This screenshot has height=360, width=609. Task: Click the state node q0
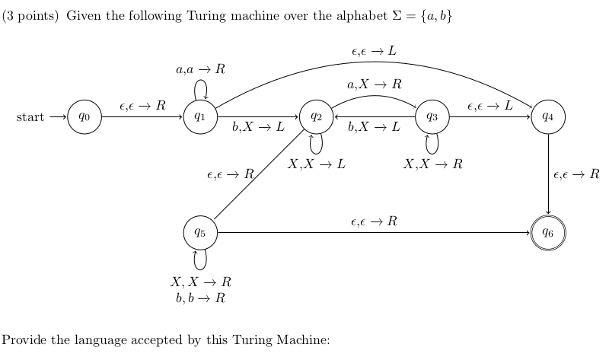coord(84,117)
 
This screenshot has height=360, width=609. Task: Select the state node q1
coord(199,117)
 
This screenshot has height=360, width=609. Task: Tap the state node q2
coord(317,117)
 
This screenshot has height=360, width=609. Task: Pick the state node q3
coord(432,117)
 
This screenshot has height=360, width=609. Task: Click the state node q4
coord(548,117)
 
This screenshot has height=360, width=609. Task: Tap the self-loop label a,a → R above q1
coord(200,69)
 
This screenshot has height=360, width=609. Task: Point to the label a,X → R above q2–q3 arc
coord(374,84)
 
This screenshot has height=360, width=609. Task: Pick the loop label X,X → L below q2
coord(317,164)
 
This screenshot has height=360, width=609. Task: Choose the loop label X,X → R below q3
coord(432,164)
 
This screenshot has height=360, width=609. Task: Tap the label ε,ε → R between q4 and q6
coord(576,175)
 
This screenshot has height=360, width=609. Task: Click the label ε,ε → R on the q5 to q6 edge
coord(374,221)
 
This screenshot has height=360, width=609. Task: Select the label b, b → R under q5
coord(200,298)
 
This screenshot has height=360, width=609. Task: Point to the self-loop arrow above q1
coord(201,89)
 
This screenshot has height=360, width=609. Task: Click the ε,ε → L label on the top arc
coord(374,51)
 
